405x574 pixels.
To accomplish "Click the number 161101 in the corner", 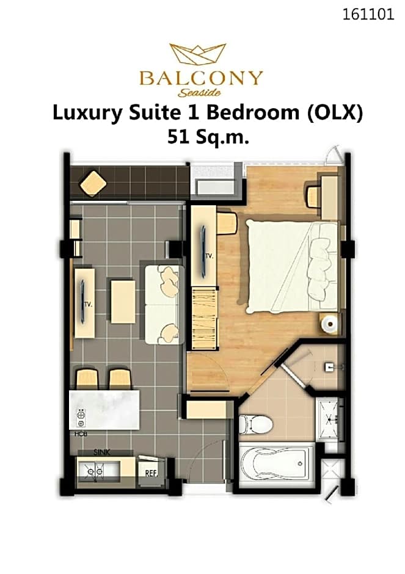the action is point(368,15).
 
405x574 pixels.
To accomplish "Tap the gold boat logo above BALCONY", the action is point(198,54).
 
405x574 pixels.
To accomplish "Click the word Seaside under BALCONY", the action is point(199,93).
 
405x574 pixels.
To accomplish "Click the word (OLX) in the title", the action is point(334,113).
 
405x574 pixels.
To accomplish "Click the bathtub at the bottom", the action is point(277,464).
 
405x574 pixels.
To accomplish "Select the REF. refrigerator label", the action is point(151,473).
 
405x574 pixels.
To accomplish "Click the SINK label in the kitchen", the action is point(101,452).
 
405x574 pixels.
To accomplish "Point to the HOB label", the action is point(81,434).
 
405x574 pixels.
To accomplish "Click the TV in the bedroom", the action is point(203,251).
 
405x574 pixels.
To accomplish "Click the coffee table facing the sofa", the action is point(123,301).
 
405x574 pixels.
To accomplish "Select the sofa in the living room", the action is point(164,305).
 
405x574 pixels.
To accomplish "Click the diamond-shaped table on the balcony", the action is point(93,183).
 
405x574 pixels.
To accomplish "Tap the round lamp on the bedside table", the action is point(330,324).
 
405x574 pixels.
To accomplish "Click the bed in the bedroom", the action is point(291,266).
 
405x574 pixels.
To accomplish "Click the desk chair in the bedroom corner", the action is point(313,197).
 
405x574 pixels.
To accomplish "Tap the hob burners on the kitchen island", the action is point(81,418).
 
